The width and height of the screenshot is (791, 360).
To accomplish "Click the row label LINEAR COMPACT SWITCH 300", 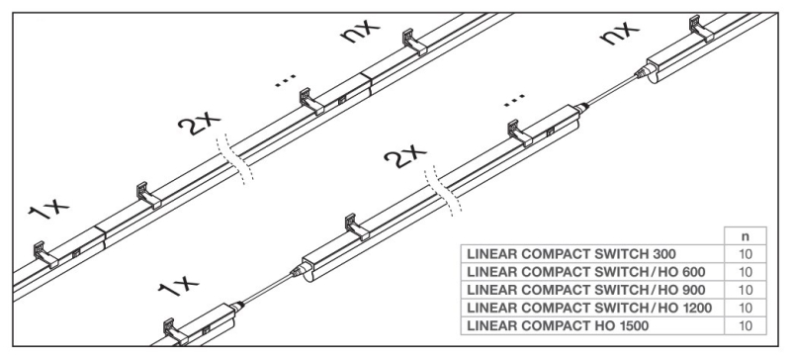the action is [x=571, y=253].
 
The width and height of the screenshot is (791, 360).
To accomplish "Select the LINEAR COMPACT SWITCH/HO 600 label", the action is [x=586, y=272].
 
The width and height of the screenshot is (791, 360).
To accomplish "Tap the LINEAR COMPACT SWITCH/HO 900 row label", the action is [x=586, y=290].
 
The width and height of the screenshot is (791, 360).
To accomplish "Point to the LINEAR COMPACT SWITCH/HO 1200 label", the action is [x=589, y=308].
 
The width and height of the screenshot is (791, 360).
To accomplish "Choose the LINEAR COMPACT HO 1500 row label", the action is [x=558, y=325].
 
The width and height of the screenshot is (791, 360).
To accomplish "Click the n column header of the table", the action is [x=746, y=236].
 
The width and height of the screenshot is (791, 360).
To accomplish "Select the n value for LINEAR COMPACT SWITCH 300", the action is [x=746, y=254].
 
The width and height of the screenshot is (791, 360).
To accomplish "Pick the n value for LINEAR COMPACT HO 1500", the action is [x=746, y=325].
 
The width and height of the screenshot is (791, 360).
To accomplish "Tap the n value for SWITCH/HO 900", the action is [x=746, y=290].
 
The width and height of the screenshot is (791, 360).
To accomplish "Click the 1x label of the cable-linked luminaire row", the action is [x=178, y=286].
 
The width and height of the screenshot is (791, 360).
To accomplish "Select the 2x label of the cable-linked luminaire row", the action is [x=404, y=156].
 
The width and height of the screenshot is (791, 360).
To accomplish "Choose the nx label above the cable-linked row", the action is [x=619, y=33].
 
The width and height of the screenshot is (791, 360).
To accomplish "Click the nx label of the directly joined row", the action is [x=359, y=31].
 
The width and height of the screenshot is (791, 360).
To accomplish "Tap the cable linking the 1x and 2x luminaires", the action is [x=267, y=289].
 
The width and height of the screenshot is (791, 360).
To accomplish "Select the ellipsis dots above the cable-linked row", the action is [x=514, y=100].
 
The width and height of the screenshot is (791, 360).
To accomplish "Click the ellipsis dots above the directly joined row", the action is [x=286, y=81].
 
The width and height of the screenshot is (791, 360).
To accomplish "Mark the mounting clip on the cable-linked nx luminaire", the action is [x=702, y=29].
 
